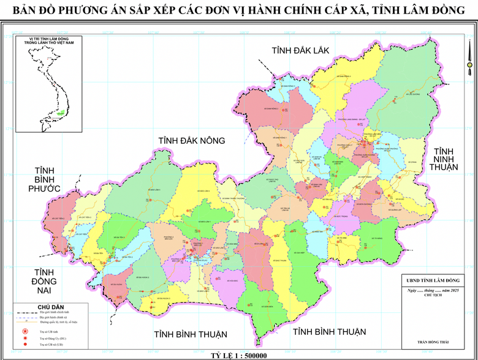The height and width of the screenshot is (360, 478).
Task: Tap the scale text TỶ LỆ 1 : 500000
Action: [x=238, y=355]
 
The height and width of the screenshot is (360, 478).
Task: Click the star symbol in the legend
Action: [x=25, y=331]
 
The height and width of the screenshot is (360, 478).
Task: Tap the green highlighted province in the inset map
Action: [x=60, y=113]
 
